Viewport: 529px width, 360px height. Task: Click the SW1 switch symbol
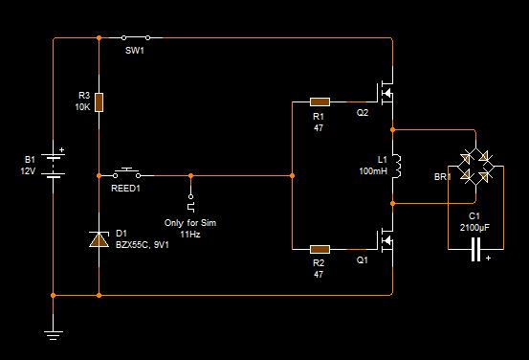(x=136, y=37)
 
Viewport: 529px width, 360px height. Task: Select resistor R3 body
(x=99, y=102)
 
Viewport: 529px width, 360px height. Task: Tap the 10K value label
(x=82, y=107)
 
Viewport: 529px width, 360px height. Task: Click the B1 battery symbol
(x=53, y=166)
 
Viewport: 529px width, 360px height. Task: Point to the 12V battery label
(x=28, y=171)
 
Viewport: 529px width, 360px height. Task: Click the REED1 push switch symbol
(x=127, y=173)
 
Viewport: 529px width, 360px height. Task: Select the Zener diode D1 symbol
(x=99, y=239)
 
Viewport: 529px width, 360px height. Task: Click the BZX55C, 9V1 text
(x=142, y=244)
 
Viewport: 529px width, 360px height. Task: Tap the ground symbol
(x=53, y=335)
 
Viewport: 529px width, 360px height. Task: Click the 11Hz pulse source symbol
(x=191, y=203)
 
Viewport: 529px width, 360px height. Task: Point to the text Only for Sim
(x=190, y=222)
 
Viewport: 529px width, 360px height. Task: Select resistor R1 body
(x=320, y=101)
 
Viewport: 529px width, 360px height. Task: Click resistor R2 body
(x=320, y=249)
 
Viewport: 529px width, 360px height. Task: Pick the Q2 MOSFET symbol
(x=385, y=93)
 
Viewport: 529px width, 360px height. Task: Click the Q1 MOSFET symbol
(x=385, y=240)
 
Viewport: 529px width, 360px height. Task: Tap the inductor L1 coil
(x=396, y=167)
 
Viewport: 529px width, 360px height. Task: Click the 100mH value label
(x=373, y=170)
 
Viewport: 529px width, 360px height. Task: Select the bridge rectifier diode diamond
(x=475, y=167)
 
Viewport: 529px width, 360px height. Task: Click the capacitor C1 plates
(x=475, y=249)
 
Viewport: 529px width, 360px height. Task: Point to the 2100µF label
(x=474, y=227)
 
